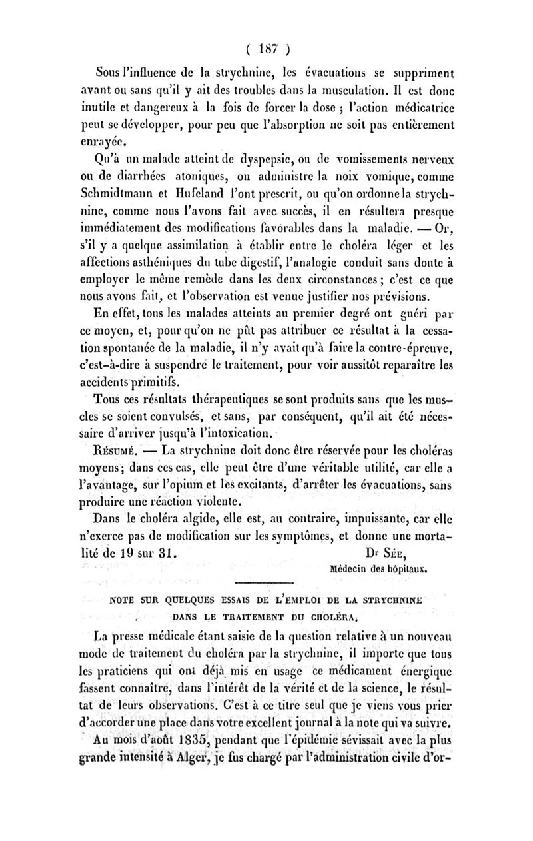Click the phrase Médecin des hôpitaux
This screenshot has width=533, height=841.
(x=378, y=570)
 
